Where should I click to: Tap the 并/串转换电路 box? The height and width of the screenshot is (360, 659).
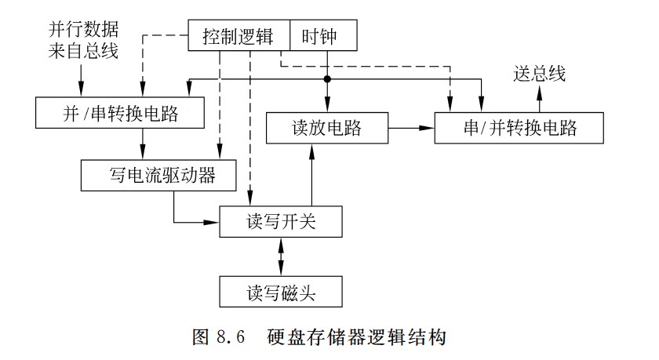[119, 113]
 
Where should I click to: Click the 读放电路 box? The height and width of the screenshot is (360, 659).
[326, 127]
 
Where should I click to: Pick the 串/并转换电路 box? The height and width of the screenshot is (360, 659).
[519, 127]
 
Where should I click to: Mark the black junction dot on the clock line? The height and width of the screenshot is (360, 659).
[326, 79]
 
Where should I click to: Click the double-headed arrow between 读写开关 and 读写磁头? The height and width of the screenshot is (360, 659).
[280, 256]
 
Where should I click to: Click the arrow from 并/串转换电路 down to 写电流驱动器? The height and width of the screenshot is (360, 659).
[143, 144]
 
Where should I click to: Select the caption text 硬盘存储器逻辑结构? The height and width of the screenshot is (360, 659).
[358, 338]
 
